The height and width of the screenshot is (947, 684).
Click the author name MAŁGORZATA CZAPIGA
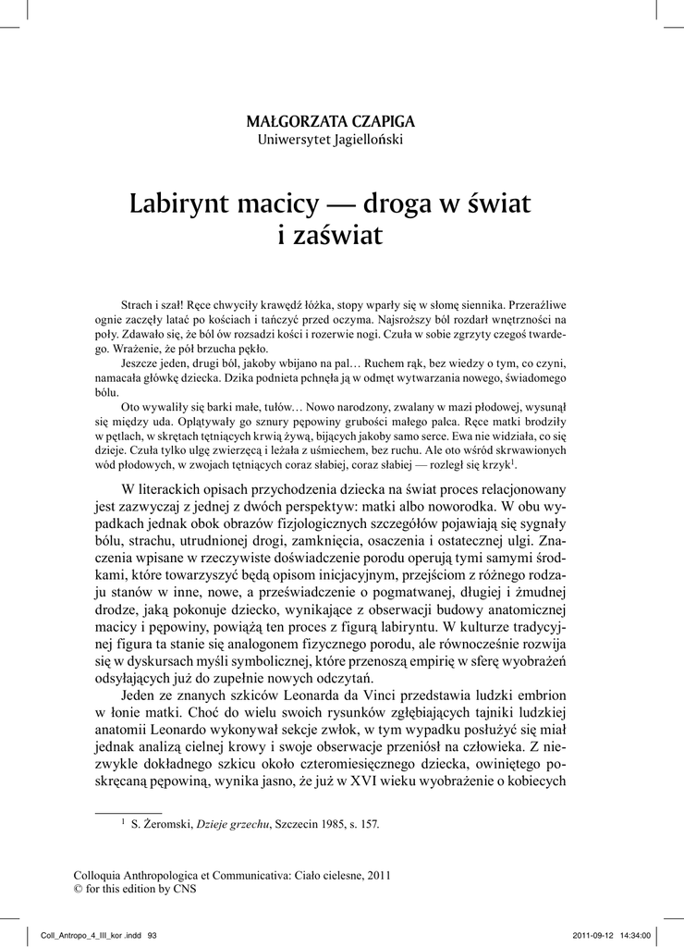click(x=331, y=122)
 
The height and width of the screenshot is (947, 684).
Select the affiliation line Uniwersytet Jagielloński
click(x=330, y=140)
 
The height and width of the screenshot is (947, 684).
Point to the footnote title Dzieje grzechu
click(x=232, y=824)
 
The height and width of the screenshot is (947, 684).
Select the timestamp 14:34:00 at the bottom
click(x=637, y=934)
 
